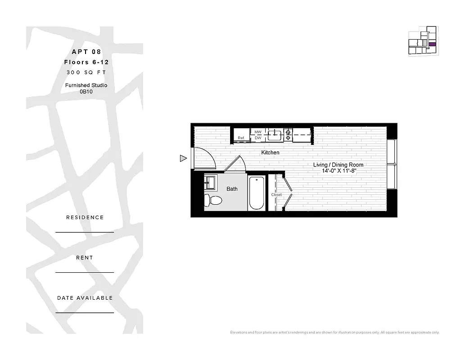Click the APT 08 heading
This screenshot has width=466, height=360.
87,52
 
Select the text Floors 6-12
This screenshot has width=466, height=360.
86,62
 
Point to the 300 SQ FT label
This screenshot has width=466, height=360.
86,72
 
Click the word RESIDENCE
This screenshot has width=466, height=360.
85,217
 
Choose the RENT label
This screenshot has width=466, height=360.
85,258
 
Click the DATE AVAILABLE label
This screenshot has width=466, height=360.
85,298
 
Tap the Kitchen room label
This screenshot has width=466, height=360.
270,153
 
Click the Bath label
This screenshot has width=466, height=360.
232,189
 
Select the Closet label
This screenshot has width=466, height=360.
276,195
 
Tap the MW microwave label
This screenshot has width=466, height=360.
258,132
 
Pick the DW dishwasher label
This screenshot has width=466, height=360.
258,138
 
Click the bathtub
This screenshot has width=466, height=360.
257,193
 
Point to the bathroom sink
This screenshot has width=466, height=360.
210,183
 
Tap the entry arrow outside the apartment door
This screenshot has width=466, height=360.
183,158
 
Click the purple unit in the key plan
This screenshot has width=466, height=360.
432,45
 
